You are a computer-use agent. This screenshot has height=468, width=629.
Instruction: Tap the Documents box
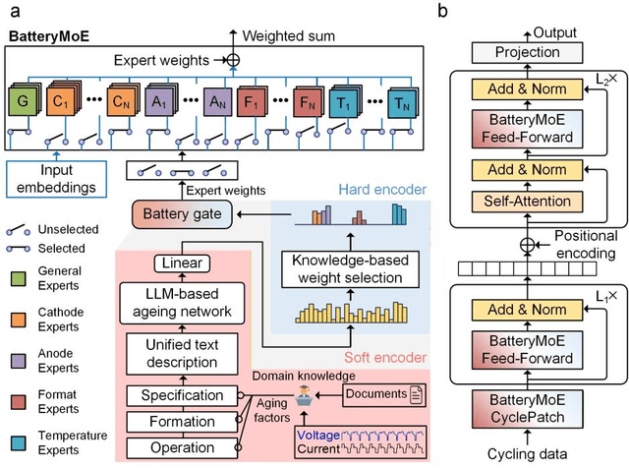(x=378, y=394)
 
